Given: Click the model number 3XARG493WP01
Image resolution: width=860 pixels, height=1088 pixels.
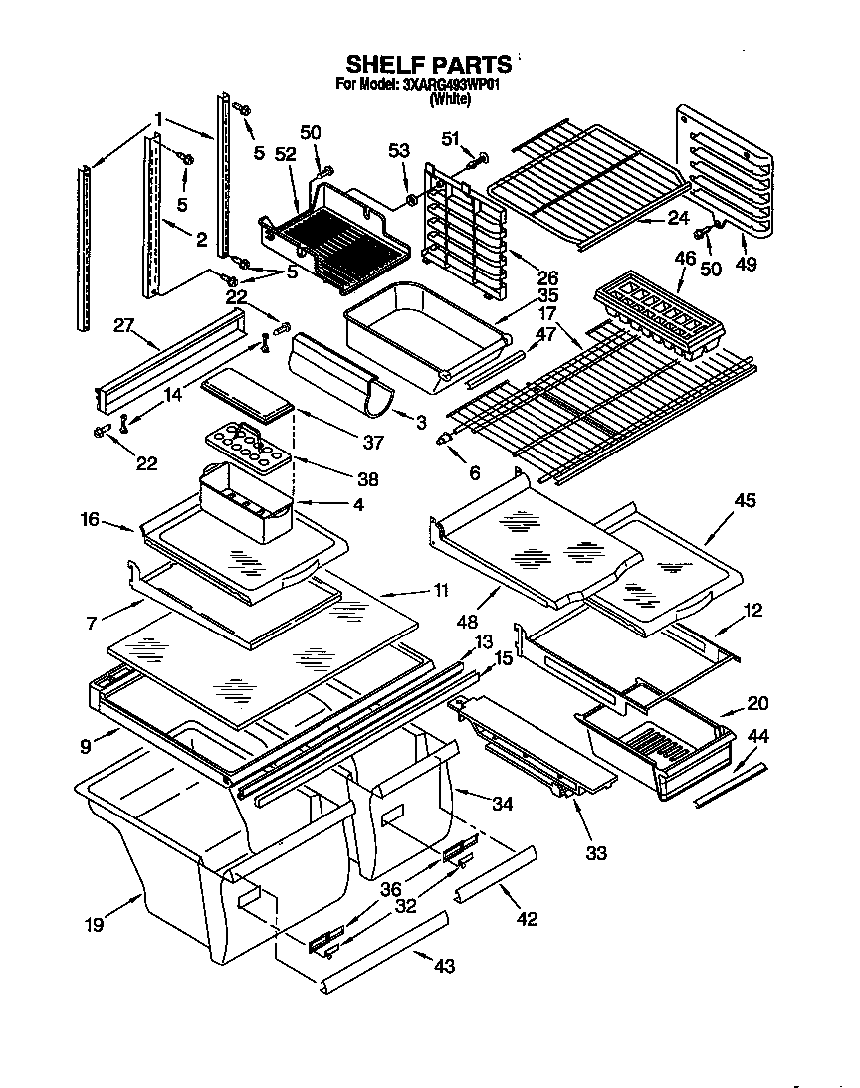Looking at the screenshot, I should click(x=450, y=85).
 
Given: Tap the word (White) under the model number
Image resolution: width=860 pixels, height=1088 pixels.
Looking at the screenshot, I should click(x=449, y=99).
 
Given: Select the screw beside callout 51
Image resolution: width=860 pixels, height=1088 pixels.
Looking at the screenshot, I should click(x=477, y=156).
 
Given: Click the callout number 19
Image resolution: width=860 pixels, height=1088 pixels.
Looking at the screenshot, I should click(x=93, y=923).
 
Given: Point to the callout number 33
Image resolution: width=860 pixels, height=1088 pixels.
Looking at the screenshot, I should click(x=595, y=852).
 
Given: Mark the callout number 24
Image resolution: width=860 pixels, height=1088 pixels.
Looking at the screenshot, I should click(x=678, y=218).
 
